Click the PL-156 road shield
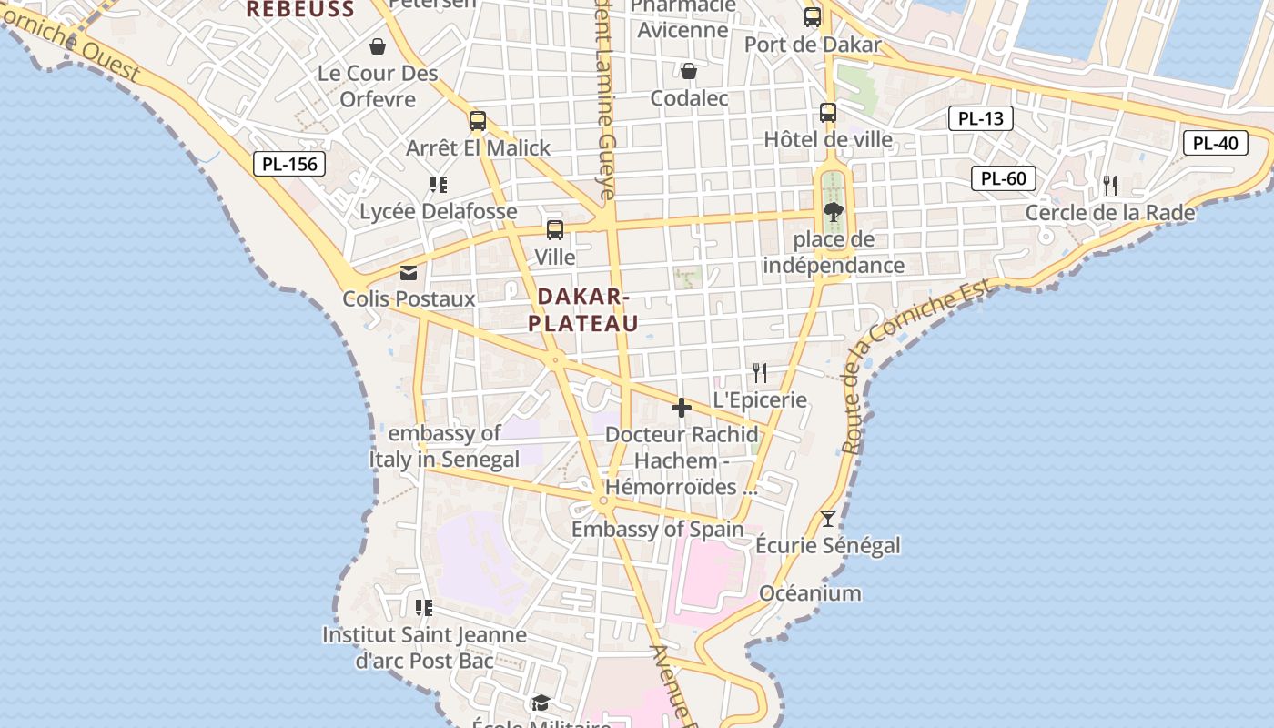(x=288, y=164)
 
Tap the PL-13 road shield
(x=980, y=118)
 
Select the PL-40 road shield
(x=1215, y=143)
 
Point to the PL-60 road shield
(x=1004, y=178)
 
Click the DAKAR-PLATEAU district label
(x=582, y=309)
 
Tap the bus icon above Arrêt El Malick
(x=478, y=121)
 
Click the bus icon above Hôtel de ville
(x=828, y=113)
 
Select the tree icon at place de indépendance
(x=833, y=213)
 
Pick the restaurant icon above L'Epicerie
(x=760, y=372)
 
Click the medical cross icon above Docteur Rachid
(x=681, y=408)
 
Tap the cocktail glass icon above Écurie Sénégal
(x=827, y=519)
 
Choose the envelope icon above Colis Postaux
(x=409, y=272)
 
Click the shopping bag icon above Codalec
(x=689, y=71)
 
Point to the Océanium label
(x=810, y=593)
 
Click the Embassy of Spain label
(x=657, y=529)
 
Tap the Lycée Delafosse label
(x=439, y=211)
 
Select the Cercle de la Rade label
(x=1109, y=212)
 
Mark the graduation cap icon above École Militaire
(x=541, y=703)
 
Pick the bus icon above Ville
(x=555, y=230)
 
